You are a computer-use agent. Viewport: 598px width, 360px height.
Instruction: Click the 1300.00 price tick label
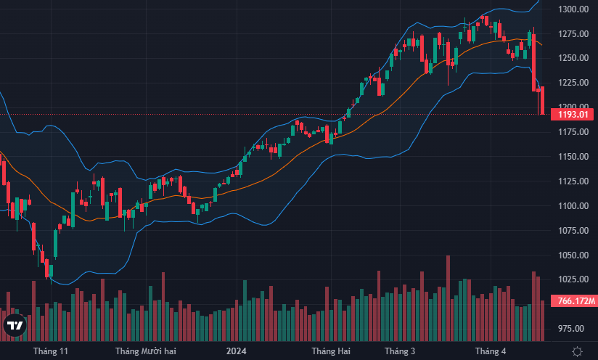[x=573, y=9]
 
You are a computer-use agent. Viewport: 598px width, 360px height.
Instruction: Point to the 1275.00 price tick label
[x=573, y=33]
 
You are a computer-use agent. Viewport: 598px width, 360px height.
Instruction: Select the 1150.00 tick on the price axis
[x=573, y=157]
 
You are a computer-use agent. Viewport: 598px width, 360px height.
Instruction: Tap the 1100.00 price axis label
[x=573, y=206]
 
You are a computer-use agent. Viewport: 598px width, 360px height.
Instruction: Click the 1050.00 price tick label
[x=573, y=255]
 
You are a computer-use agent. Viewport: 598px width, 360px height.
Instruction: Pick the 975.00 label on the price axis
[x=573, y=329]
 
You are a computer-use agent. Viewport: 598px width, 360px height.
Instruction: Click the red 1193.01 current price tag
[x=573, y=115]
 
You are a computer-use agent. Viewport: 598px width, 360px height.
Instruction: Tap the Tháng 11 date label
[x=51, y=351]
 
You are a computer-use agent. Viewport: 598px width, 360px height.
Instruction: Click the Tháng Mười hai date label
[x=146, y=351]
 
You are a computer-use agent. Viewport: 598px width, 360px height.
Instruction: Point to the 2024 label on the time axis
[x=237, y=351]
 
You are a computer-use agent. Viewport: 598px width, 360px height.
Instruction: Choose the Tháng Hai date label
[x=330, y=351]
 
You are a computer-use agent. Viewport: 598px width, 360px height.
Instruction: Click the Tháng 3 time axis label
[x=400, y=351]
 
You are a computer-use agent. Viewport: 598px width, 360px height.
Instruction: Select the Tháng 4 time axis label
[x=491, y=351]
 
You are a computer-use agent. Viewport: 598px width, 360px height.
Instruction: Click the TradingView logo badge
[x=15, y=325]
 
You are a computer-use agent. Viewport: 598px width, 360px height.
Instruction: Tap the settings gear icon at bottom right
[x=576, y=351]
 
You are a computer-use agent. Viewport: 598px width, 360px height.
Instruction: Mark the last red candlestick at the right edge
[x=543, y=100]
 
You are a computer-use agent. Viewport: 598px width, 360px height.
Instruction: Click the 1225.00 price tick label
[x=573, y=83]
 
